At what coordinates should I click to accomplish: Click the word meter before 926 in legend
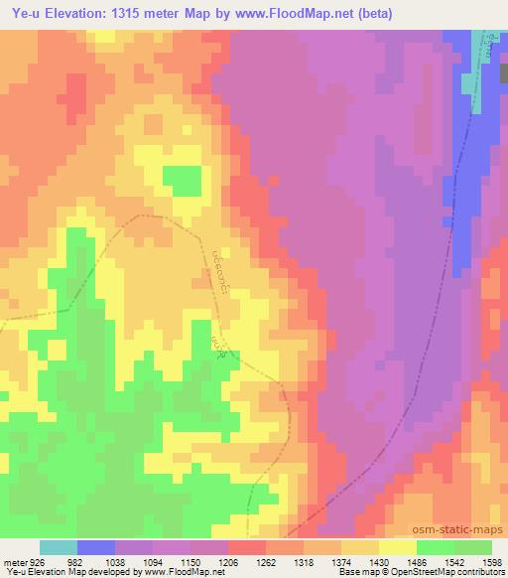15,561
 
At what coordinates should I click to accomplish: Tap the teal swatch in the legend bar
59,547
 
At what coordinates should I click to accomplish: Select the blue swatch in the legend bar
96,547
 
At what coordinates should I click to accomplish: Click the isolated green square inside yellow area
181,181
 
